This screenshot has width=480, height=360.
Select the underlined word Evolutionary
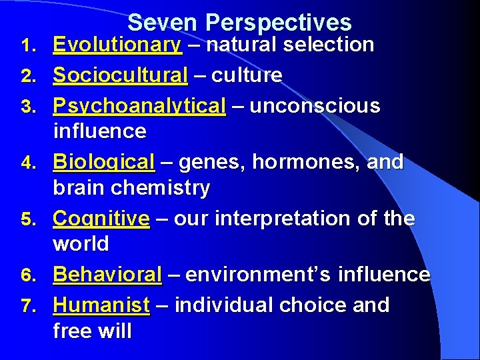pos(117,45)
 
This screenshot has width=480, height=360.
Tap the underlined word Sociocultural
pos(120,75)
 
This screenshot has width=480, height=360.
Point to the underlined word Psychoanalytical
pos(139,106)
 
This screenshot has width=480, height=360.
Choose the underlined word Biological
pos(103,162)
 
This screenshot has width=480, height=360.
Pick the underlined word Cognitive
pos(101,219)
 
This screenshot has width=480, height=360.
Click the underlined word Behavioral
pos(107,275)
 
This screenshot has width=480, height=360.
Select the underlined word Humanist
pos(101,305)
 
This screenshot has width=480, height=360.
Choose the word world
pos(81,244)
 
